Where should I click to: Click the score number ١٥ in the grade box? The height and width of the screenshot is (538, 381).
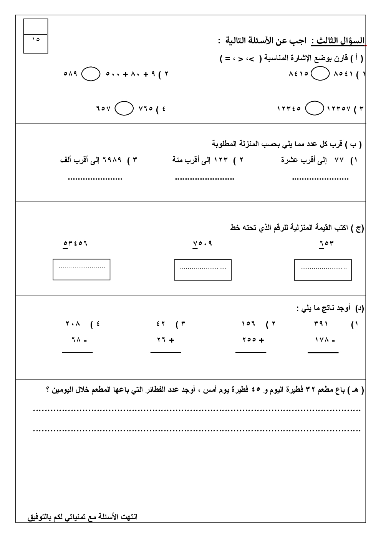(x=36, y=39)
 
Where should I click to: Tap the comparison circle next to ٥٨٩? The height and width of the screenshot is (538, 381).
(x=91, y=74)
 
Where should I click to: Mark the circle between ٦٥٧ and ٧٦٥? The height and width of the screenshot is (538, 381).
(x=124, y=108)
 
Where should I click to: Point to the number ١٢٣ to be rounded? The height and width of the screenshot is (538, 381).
(x=221, y=160)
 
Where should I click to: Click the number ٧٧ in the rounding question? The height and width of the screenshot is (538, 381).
(x=339, y=160)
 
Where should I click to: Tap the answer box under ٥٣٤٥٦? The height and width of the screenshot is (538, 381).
(x=81, y=269)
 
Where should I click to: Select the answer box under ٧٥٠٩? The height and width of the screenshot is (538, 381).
(x=203, y=269)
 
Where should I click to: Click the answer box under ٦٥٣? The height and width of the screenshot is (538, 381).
(x=323, y=270)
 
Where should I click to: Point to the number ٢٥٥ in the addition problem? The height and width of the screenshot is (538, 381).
(x=249, y=340)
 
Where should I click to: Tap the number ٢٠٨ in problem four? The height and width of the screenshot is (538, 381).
(x=73, y=324)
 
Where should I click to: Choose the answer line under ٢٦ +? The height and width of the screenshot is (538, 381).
(x=166, y=352)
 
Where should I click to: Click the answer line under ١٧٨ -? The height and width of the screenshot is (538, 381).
(x=323, y=352)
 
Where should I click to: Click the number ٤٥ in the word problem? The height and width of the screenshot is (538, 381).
(x=256, y=390)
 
